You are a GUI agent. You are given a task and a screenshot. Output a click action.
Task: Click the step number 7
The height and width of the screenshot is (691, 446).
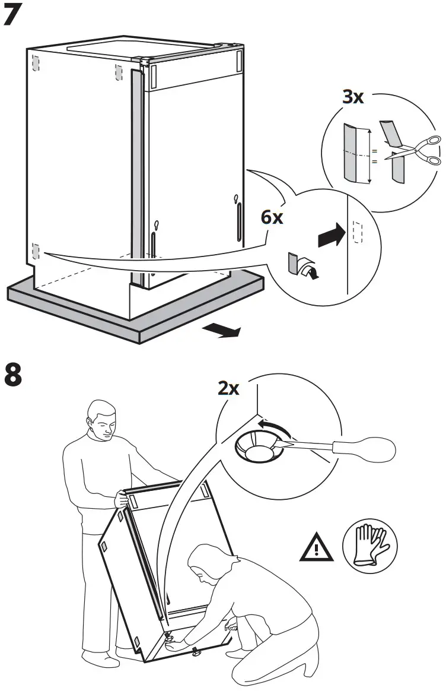click(x=14, y=15)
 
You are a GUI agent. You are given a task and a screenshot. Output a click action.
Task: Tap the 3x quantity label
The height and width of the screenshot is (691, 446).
click(x=353, y=97)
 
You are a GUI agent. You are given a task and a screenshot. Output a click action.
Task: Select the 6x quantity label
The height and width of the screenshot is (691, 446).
click(x=272, y=217)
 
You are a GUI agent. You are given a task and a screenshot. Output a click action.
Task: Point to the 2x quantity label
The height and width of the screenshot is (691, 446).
click(x=228, y=388)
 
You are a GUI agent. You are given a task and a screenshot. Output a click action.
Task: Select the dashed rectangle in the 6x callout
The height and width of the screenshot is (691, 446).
click(x=356, y=233)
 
